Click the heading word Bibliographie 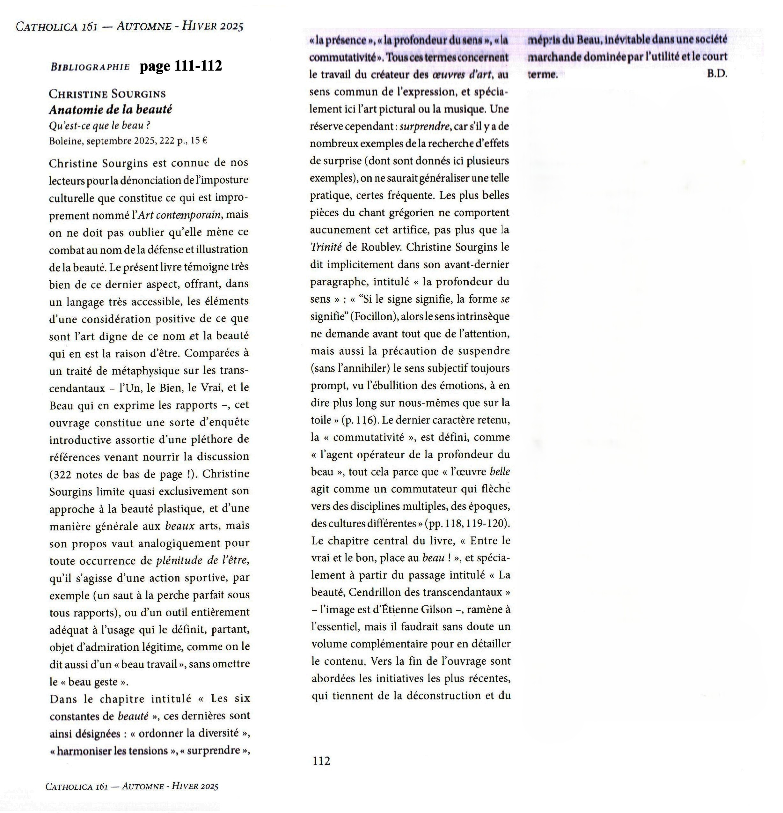point(90,67)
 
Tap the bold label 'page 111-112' point(181,65)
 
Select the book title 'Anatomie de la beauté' point(110,109)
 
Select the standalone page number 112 point(321,761)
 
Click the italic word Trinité point(326,247)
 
